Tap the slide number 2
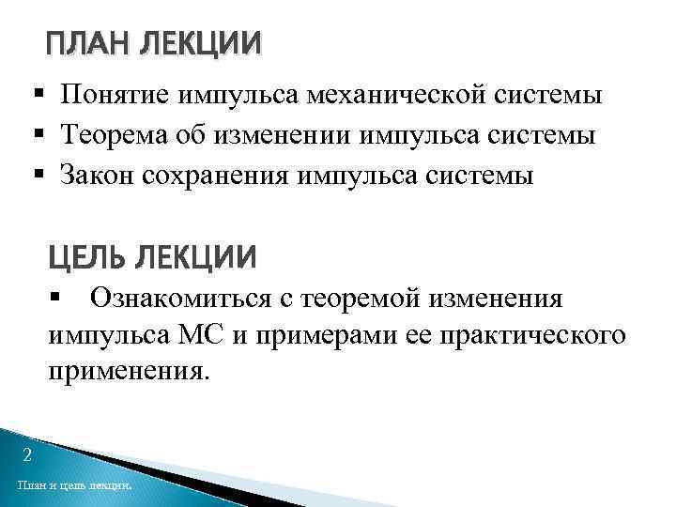coord(27,456)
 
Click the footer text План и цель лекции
coord(74,486)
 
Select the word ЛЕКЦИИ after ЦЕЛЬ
coord(194,256)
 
